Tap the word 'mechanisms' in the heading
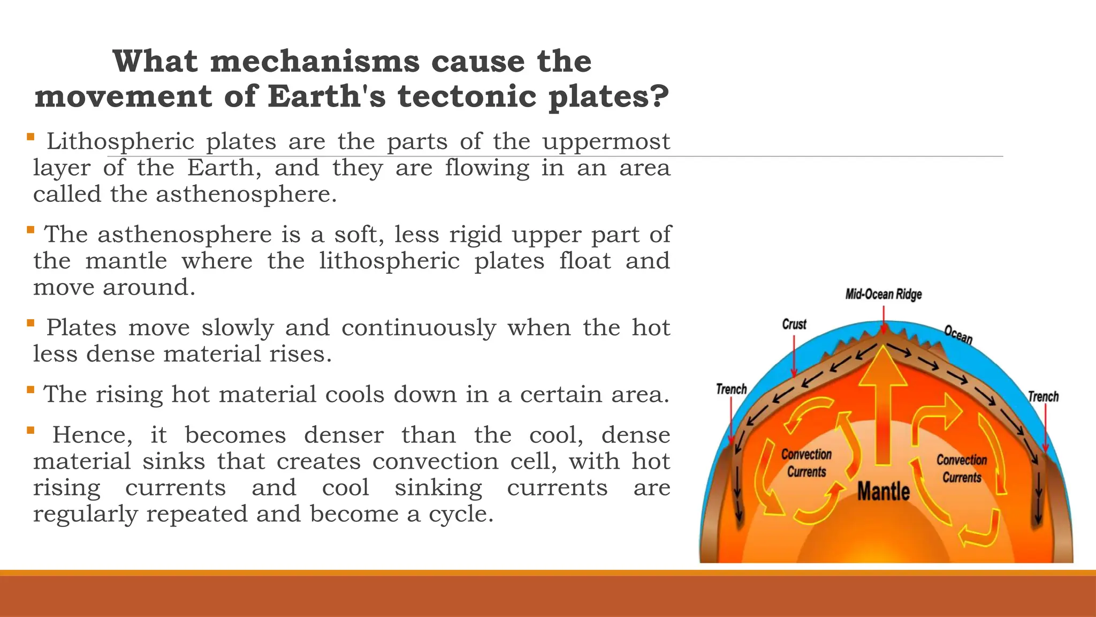[x=315, y=61]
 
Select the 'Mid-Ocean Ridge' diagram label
[x=884, y=295]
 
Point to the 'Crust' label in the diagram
[x=794, y=325]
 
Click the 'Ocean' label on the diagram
[x=958, y=335]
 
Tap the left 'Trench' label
[x=732, y=389]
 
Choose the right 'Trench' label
[x=1043, y=397]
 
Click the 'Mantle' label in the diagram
[x=884, y=491]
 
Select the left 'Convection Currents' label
[x=806, y=463]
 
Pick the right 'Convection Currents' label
[x=962, y=469]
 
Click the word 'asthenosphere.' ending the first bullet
[x=246, y=194]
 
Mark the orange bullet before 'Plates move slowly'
[x=31, y=323]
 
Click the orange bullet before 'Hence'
[x=31, y=430]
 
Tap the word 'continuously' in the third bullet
[x=419, y=328]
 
